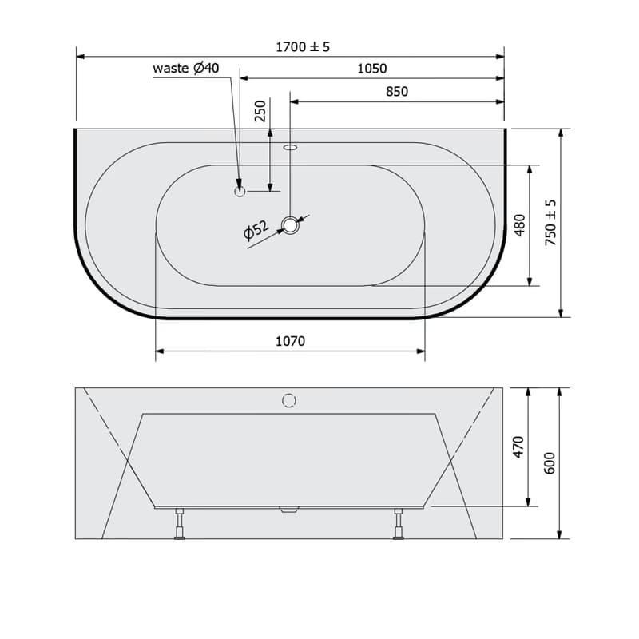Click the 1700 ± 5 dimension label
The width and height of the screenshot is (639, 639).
click(x=303, y=47)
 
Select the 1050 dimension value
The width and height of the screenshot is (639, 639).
click(x=371, y=69)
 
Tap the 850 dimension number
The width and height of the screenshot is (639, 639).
click(x=396, y=91)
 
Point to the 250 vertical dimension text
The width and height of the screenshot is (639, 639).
click(x=260, y=111)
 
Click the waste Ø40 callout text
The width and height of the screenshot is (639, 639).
click(x=186, y=68)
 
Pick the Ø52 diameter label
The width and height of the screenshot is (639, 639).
click(x=256, y=230)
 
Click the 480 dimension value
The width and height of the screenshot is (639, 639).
click(x=520, y=225)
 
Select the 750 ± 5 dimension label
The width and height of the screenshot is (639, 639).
click(x=550, y=223)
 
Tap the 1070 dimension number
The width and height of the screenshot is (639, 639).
click(x=290, y=341)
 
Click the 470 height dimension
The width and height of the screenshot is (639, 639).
click(x=518, y=447)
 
